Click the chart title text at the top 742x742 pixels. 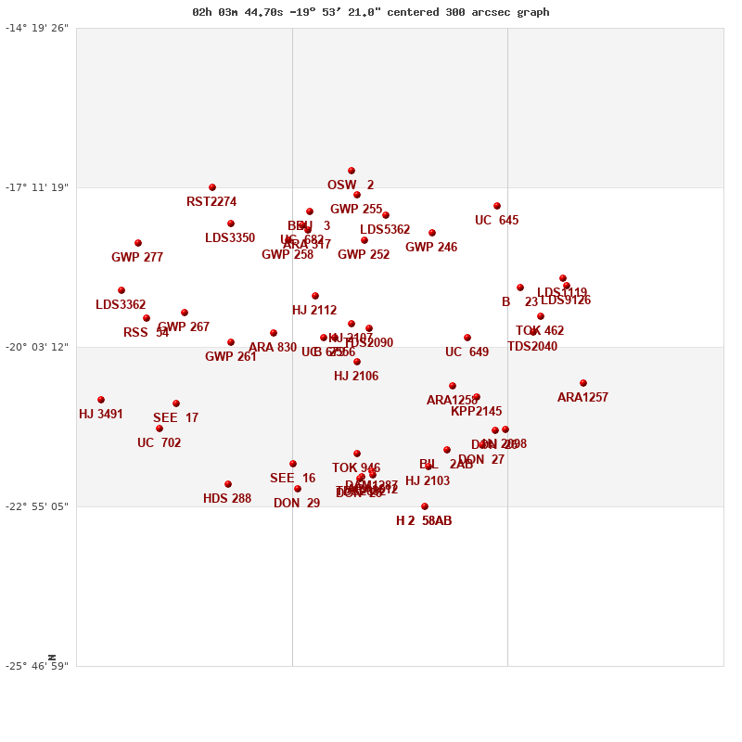tap(370, 12)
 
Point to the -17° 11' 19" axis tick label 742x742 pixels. tap(37, 187)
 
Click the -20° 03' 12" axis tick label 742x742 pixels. tap(37, 347)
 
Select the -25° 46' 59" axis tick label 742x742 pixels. tap(37, 666)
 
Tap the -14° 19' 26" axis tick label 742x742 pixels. tap(37, 28)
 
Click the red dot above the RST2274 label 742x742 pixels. tap(212, 187)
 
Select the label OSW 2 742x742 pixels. tap(351, 185)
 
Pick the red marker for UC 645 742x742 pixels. tap(497, 206)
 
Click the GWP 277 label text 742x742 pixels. tap(137, 258)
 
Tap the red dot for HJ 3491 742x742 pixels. tap(101, 400)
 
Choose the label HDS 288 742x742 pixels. tap(227, 499)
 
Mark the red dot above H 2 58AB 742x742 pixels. tap(425, 506)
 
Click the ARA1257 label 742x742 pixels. tap(582, 398)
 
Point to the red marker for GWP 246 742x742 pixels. tap(432, 233)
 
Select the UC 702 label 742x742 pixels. tap(160, 443)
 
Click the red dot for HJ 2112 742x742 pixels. tap(315, 296)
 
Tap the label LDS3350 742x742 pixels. tap(230, 238)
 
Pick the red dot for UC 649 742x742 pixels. tap(467, 338)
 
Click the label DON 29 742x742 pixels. tap(297, 504)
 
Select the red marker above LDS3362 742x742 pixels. tap(122, 290)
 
